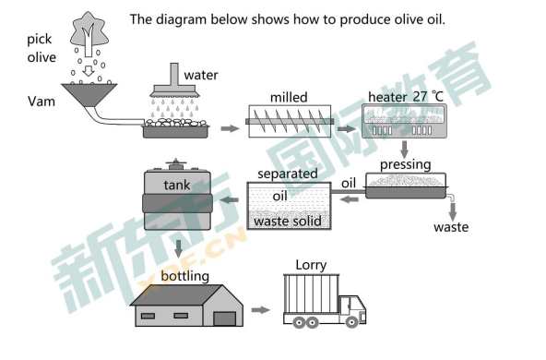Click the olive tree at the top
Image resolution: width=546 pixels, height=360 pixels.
point(89,34)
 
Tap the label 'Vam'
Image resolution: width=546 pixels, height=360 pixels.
point(42,102)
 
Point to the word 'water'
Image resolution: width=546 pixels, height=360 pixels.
point(201,75)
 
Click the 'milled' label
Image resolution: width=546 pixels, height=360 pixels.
point(289,97)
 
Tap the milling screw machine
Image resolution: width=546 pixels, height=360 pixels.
point(290,121)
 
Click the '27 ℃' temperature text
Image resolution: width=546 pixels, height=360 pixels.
point(428,97)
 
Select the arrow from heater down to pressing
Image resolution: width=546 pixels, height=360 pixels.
point(404,150)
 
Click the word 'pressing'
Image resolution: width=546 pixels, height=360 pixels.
point(405,164)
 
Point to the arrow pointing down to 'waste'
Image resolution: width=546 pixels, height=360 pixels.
point(453,211)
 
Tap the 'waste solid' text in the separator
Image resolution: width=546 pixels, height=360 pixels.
point(288,221)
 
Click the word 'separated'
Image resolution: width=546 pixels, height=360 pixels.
point(288,174)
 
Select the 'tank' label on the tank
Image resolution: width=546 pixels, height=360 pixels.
point(177,185)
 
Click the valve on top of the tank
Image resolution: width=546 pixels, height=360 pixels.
point(175,163)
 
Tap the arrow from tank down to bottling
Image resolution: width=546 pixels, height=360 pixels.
point(179,248)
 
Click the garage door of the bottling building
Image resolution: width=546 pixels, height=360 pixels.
point(225,318)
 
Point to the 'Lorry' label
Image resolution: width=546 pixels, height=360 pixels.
point(311,265)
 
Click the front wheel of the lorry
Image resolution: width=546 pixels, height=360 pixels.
point(351,322)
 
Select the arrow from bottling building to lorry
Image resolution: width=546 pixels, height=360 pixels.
point(260,310)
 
